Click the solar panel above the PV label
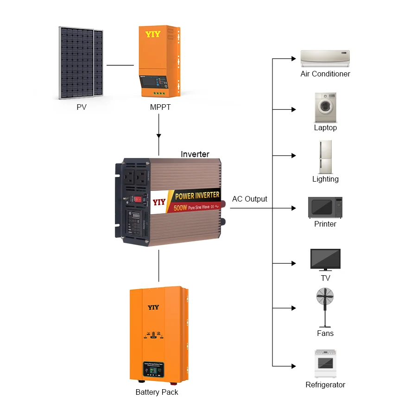click(x=81, y=63)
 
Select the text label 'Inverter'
click(x=195, y=154)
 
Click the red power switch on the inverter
click(x=138, y=199)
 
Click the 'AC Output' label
click(x=250, y=199)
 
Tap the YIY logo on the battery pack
click(x=153, y=307)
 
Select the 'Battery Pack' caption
click(x=157, y=392)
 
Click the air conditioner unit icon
click(x=325, y=59)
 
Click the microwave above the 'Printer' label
click(x=325, y=207)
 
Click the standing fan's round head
click(x=325, y=296)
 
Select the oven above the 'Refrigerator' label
click(x=325, y=364)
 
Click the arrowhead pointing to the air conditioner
click(x=293, y=59)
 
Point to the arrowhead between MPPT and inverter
click(x=159, y=136)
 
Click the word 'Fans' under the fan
click(x=325, y=333)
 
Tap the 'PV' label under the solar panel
click(x=82, y=107)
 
